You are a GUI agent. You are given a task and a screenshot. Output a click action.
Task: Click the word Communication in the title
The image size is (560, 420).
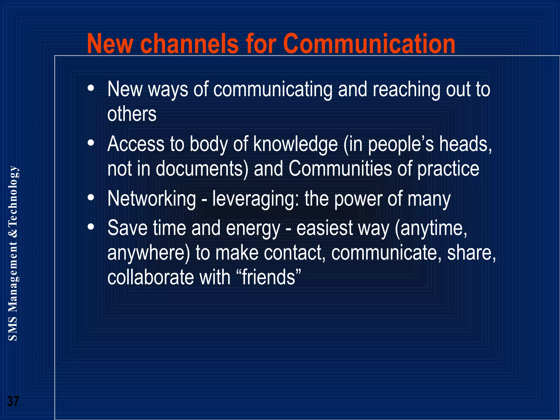(x=369, y=44)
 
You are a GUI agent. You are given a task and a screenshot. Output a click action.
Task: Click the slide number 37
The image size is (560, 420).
(x=13, y=401)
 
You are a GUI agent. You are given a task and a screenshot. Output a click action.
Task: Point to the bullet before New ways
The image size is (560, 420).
(x=91, y=88)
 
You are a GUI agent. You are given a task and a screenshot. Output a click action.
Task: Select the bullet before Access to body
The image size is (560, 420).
(x=91, y=143)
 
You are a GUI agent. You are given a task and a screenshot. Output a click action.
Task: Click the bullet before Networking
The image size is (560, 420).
(x=91, y=197)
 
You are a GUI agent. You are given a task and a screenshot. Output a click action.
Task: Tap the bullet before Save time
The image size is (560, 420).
(x=91, y=227)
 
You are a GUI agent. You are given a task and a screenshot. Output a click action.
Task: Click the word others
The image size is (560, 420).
(x=132, y=114)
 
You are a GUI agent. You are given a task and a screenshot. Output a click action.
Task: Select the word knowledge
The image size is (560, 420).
(x=296, y=144)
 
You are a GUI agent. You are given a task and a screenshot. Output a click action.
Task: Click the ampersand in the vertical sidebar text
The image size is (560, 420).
(x=13, y=232)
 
